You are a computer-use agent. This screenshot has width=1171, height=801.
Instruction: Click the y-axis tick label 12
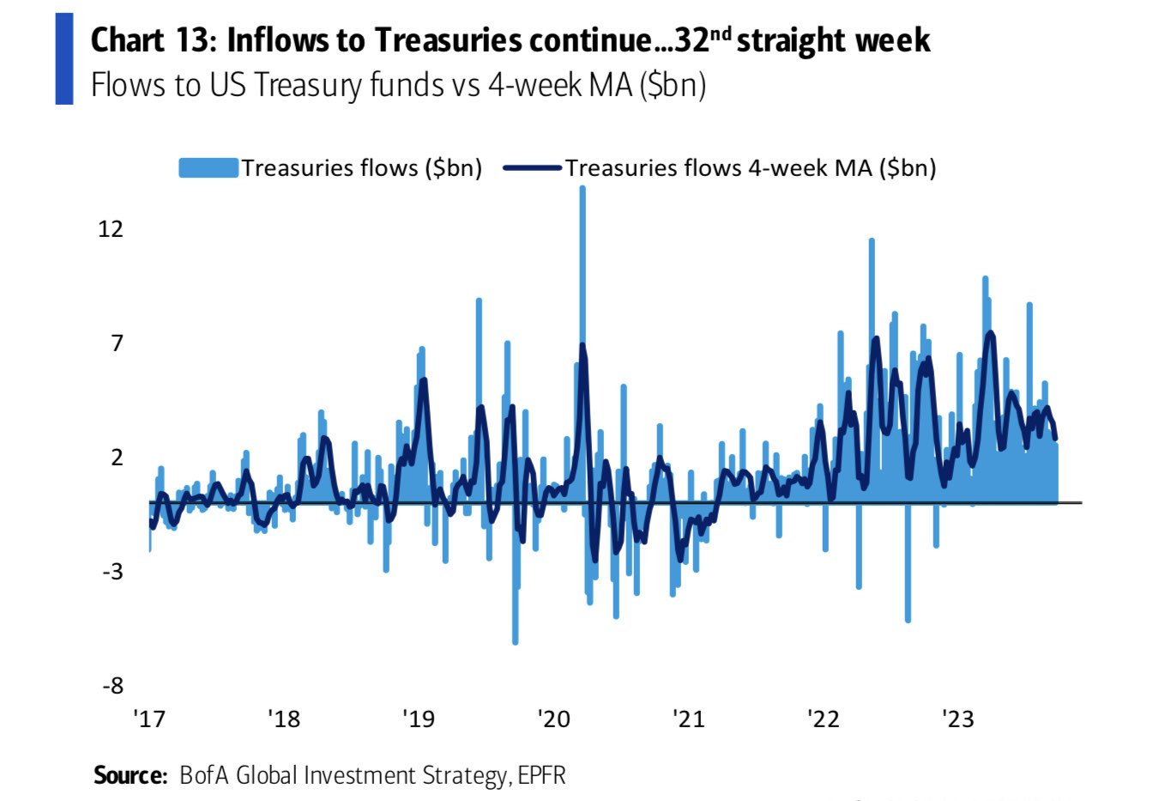(x=111, y=228)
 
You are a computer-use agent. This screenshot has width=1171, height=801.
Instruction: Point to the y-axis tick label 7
(x=117, y=343)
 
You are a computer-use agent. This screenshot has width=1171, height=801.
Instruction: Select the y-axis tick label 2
(x=117, y=457)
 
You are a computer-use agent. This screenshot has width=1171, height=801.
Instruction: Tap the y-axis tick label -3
(x=113, y=571)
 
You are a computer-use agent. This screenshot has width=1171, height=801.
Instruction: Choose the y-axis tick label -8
(x=113, y=685)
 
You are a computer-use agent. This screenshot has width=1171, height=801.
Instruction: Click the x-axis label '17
(x=149, y=718)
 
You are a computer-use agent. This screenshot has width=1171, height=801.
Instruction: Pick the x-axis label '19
(x=419, y=718)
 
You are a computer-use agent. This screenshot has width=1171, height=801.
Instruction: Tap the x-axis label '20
(x=553, y=718)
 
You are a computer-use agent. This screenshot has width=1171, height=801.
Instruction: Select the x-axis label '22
(x=824, y=718)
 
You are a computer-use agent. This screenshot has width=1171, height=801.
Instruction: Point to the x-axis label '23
(x=957, y=718)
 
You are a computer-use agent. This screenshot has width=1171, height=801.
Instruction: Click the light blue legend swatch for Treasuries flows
(x=208, y=167)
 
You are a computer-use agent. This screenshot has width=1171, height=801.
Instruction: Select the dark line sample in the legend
(x=532, y=167)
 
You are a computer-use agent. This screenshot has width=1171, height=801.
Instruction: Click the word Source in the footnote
(x=130, y=775)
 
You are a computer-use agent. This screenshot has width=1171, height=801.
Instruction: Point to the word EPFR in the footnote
(x=541, y=775)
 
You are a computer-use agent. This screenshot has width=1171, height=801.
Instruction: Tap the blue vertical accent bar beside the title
(x=64, y=58)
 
